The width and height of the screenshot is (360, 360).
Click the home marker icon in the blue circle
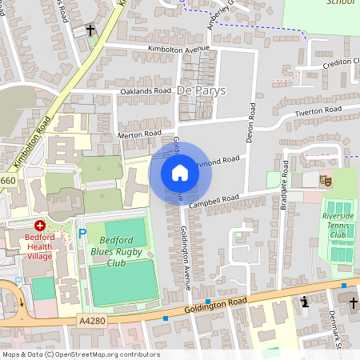180,172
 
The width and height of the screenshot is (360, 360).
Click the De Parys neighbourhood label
202,90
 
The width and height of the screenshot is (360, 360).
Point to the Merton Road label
140,134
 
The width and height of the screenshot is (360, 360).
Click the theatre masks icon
326,180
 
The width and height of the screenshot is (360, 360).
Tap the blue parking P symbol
82,234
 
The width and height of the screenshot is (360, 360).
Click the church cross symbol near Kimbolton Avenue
90,30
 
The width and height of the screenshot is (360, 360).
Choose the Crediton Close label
332,62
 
